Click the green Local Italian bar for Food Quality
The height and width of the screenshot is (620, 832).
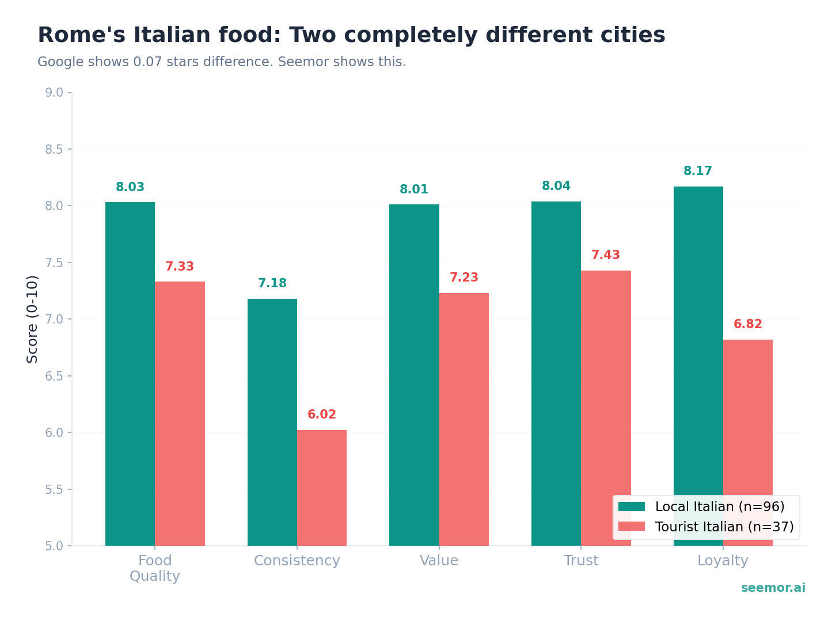point(130,374)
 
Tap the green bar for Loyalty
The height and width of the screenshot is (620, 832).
point(698,345)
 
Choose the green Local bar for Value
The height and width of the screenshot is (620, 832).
point(414,374)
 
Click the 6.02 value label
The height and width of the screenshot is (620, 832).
point(322,415)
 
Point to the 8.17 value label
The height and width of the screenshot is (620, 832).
point(698,172)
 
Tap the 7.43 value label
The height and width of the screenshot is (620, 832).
point(606,256)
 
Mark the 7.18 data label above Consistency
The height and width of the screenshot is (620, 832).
point(272,284)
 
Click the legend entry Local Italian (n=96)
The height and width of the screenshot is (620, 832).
point(719,507)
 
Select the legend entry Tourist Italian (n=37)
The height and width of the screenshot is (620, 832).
point(724,527)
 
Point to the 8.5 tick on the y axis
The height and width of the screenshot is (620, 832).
point(58,150)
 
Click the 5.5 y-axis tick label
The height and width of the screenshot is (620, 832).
point(58,489)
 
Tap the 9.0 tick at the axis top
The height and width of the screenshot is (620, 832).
point(58,93)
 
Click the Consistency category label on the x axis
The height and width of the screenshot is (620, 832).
point(297,561)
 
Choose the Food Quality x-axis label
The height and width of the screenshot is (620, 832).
point(155,568)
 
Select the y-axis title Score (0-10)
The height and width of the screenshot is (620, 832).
point(33,319)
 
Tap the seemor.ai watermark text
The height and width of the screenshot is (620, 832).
point(773,588)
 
